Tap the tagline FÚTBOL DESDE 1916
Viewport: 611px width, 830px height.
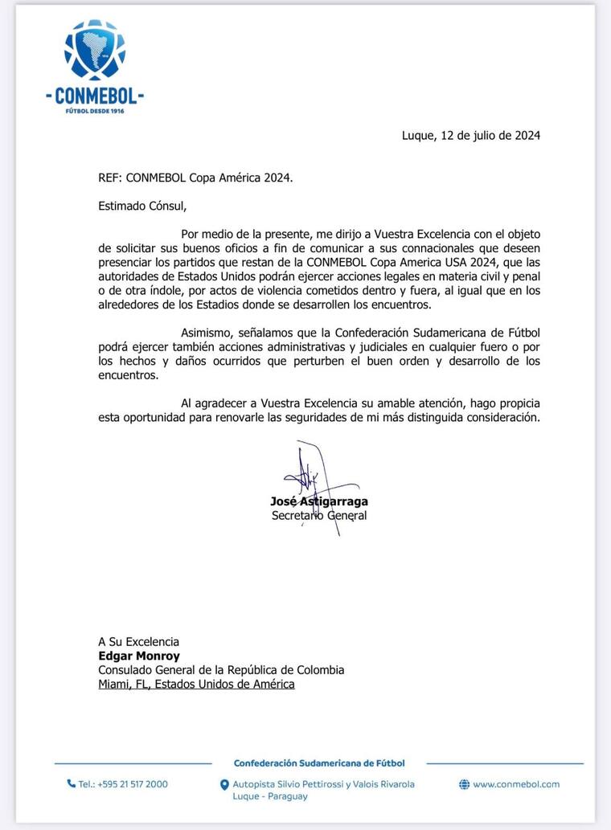95,110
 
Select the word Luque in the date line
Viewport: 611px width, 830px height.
417,135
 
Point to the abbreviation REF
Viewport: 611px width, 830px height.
110,177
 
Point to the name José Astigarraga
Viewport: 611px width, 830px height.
319,501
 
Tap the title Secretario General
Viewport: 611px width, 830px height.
319,515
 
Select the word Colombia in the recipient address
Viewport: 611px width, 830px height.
318,669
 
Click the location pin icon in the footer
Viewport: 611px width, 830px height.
224,784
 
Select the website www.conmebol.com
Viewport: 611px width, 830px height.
516,784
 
